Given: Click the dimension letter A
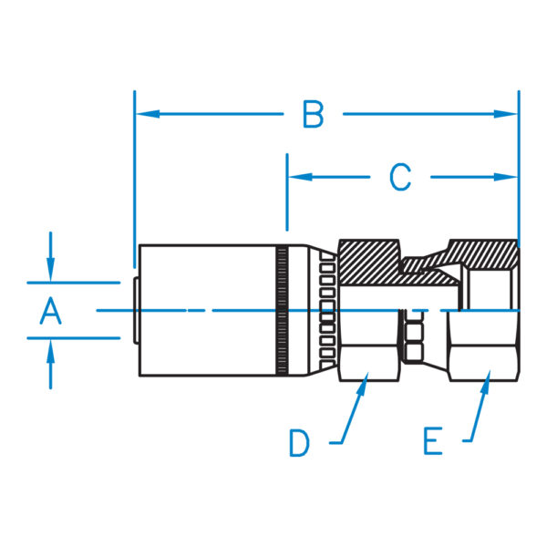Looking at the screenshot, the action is coord(51,311).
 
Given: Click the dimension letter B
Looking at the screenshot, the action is coord(313,114).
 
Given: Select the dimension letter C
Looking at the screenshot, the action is coord(400,177).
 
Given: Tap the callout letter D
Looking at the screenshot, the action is coord(299,443).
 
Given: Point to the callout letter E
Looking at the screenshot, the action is coord(433,441).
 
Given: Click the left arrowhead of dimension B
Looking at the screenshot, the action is coord(148,114).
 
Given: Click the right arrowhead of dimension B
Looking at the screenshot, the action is coord(505,114).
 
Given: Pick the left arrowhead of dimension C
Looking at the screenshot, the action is coord(300,177).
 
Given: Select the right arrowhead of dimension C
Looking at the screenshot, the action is coord(505,177).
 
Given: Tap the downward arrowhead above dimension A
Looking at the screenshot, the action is coord(50,269).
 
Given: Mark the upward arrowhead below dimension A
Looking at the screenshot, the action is coord(50,352).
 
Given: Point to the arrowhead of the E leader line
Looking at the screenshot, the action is coord(486,382).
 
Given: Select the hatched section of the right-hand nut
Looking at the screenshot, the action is coord(483,254).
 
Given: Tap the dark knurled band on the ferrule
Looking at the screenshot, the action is coord(283,310).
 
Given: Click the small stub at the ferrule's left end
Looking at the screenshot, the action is coord(136,310).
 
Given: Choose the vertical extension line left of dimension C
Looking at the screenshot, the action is coord(287,191).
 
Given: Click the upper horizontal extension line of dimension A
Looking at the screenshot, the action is coord(74,283).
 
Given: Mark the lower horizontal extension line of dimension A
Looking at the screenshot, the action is coord(74,338).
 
